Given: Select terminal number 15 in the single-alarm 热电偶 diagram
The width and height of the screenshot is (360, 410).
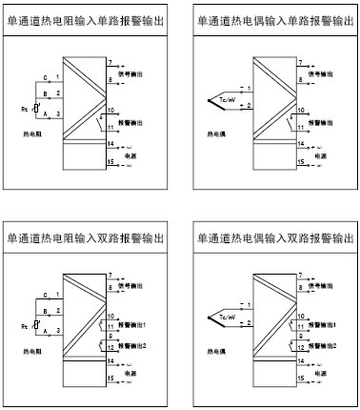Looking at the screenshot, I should click(x=300, y=163).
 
